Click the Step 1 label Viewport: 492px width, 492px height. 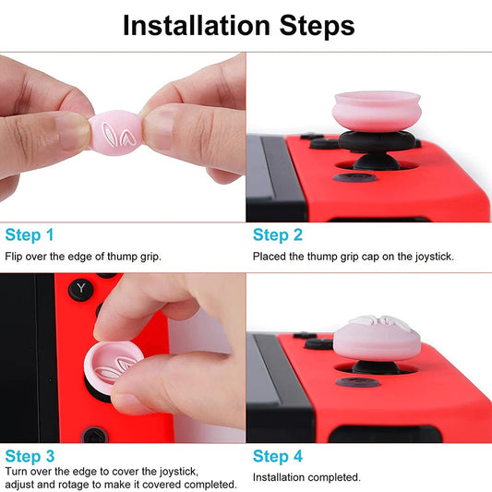(x=30, y=234)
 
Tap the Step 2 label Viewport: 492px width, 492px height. (x=278, y=234)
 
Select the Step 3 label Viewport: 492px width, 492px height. (x=30, y=456)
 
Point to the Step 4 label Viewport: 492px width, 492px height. (x=278, y=456)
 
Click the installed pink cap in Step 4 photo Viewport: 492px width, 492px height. (x=382, y=338)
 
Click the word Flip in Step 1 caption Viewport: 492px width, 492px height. (x=14, y=256)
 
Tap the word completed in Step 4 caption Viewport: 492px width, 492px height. (x=333, y=477)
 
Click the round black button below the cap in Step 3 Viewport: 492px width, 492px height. (x=93, y=434)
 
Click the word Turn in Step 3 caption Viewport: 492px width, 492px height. (x=17, y=471)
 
